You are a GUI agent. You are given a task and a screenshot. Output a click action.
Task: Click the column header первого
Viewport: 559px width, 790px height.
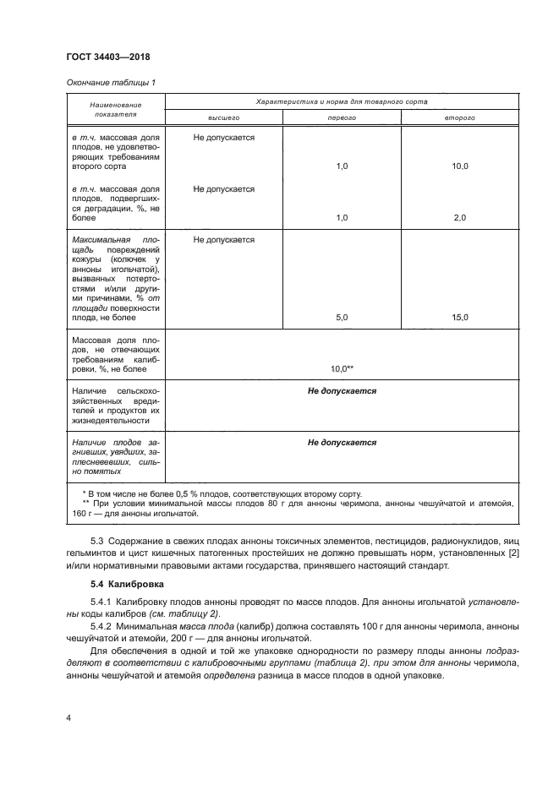click(342, 117)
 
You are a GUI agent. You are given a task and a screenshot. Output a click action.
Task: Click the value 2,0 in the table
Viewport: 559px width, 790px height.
click(459, 217)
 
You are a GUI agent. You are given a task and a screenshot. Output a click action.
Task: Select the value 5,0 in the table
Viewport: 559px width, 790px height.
click(342, 317)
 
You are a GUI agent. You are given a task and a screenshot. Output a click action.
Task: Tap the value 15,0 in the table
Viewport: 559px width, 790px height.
click(459, 317)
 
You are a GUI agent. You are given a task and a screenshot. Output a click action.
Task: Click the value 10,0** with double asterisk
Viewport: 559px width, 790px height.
click(342, 368)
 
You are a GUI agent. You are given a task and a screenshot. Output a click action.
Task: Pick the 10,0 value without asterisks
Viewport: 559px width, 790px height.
click(459, 166)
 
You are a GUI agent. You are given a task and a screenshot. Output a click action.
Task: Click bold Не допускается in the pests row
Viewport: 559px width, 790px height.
click(342, 391)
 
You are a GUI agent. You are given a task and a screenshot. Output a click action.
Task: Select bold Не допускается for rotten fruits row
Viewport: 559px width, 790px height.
click(342, 442)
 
